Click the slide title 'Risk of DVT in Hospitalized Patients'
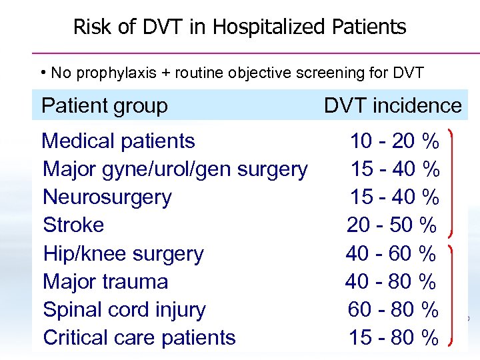[239, 27]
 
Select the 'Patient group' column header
[105, 105]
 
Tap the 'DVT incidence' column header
[393, 105]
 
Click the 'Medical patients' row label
[118, 141]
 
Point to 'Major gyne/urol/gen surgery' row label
[175, 169]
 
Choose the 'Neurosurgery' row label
[107, 197]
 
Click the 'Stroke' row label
[73, 225]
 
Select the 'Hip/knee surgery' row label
[123, 254]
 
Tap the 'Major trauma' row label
[105, 282]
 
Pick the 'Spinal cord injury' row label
[124, 310]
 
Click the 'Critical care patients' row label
[139, 338]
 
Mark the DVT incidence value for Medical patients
[395, 141]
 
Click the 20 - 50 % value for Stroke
[391, 225]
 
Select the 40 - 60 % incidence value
[391, 254]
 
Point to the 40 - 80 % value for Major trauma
[391, 282]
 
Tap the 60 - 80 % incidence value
[393, 310]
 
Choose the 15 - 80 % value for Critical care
[393, 338]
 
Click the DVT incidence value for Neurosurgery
[395, 197]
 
